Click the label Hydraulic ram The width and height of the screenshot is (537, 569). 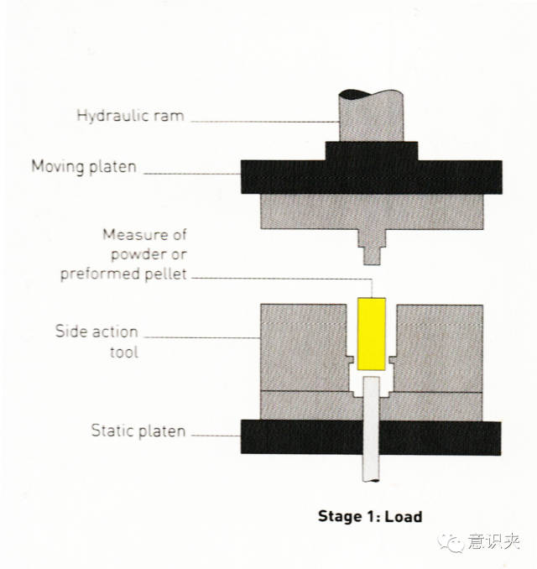pyautogui.click(x=130, y=116)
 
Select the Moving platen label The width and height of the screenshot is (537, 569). pyautogui.click(x=84, y=167)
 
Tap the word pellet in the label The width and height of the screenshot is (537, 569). pyautogui.click(x=165, y=274)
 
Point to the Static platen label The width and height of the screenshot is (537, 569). pyautogui.click(x=138, y=431)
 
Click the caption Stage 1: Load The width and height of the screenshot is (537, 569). pyautogui.click(x=370, y=516)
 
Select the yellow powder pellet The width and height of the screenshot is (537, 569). pyautogui.click(x=371, y=334)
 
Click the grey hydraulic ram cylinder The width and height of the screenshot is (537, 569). pyautogui.click(x=371, y=116)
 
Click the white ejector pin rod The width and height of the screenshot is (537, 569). pyautogui.click(x=371, y=429)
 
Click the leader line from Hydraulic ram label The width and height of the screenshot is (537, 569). pyautogui.click(x=265, y=122)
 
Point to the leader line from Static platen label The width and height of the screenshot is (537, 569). pyautogui.click(x=216, y=435)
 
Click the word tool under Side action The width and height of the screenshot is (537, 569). pyautogui.click(x=124, y=352)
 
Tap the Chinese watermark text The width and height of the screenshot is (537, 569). pyautogui.click(x=493, y=542)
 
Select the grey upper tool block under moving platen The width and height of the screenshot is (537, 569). pyautogui.click(x=372, y=211)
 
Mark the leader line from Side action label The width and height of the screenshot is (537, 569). pyautogui.click(x=202, y=337)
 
